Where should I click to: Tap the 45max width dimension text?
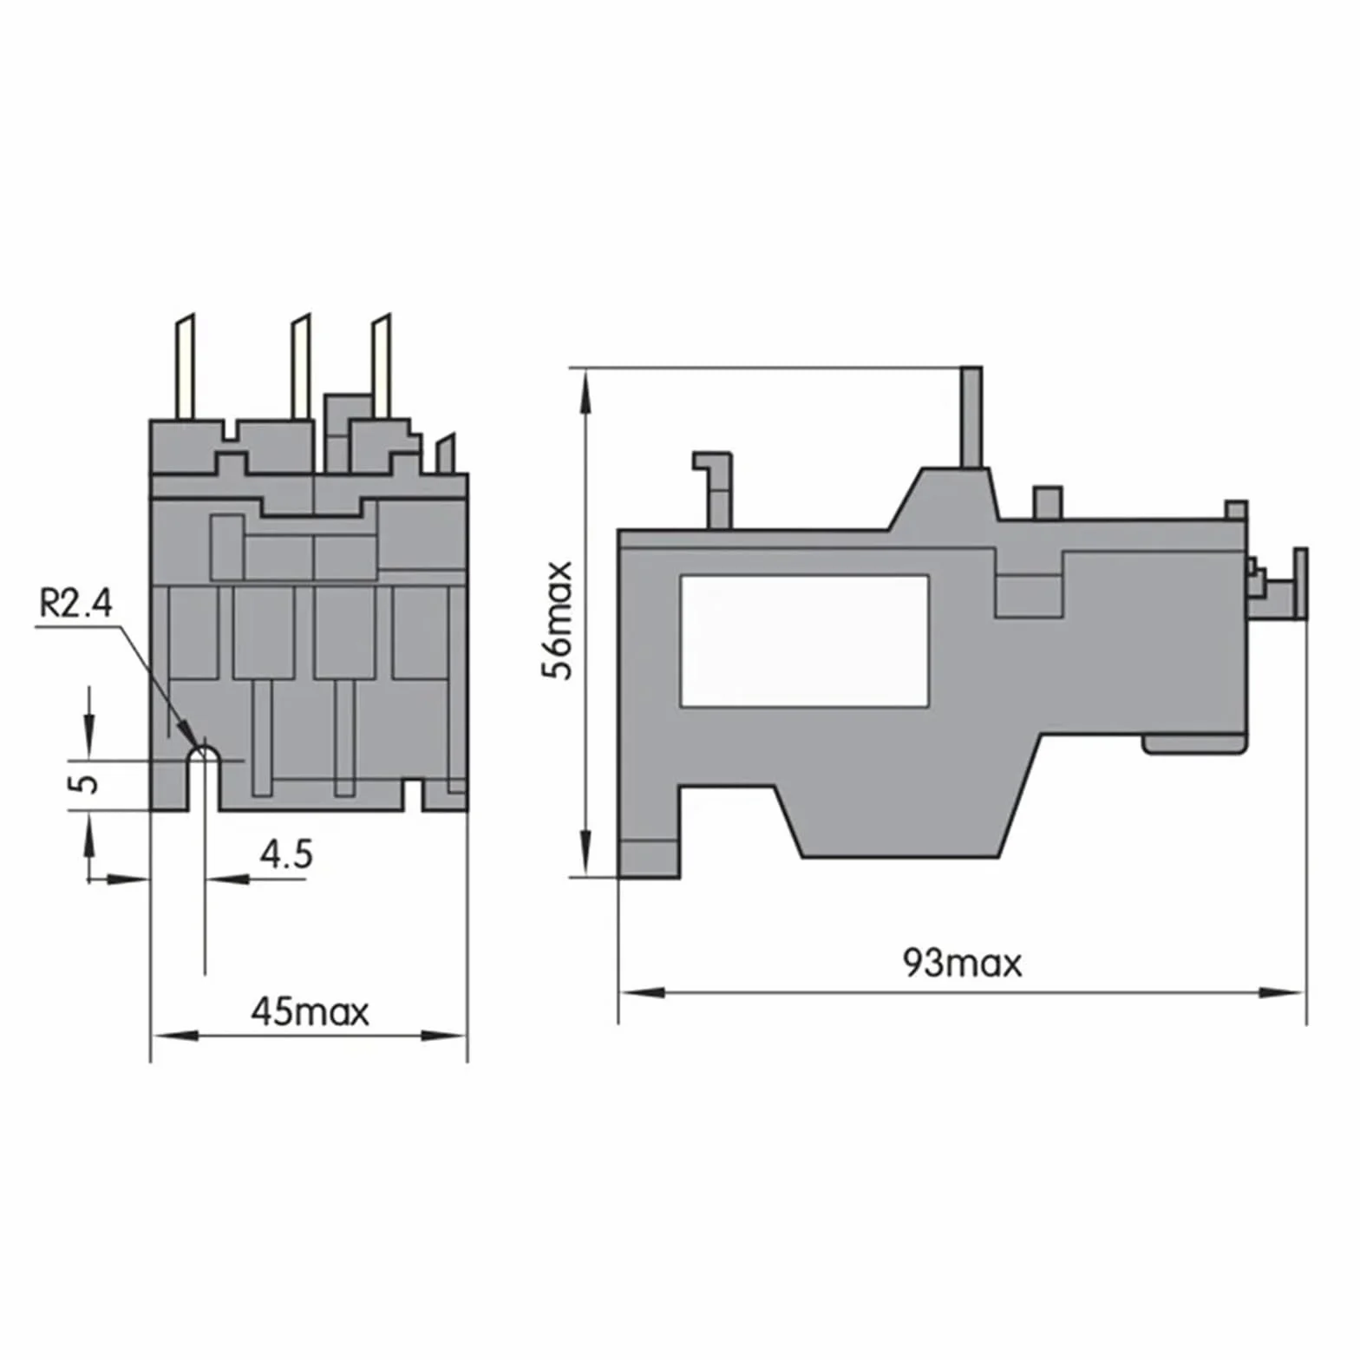pos(310,1012)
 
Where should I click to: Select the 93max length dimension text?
pos(962,964)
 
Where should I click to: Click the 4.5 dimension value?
pos(286,855)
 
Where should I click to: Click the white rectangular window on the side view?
pos(804,641)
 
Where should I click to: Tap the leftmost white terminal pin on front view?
pos(186,367)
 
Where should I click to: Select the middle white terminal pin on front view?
pos(301,367)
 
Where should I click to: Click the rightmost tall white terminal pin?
pos(382,367)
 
